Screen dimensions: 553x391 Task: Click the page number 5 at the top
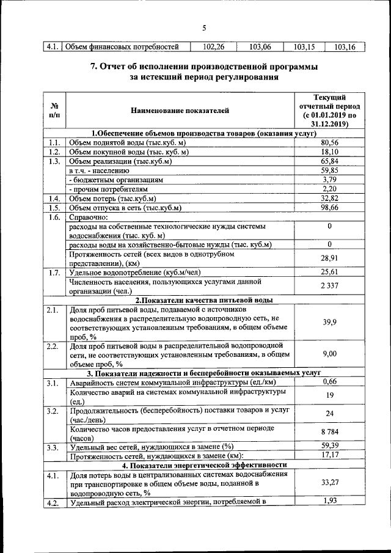(x=205, y=27)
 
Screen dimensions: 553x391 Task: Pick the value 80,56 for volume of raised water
(x=329, y=142)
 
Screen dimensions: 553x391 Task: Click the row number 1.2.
(x=54, y=152)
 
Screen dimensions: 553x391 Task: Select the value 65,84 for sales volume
(x=329, y=161)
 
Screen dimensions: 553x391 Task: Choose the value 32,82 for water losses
(x=329, y=199)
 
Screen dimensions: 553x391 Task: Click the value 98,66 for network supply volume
(x=329, y=208)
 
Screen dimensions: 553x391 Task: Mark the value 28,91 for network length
(x=329, y=258)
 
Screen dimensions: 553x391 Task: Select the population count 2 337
(x=329, y=286)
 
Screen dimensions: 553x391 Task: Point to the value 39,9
(x=329, y=322)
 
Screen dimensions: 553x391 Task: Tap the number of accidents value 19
(x=329, y=396)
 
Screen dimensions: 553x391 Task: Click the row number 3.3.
(x=54, y=447)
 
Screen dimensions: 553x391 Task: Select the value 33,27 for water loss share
(x=329, y=483)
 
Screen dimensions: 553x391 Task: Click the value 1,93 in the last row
(x=329, y=502)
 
